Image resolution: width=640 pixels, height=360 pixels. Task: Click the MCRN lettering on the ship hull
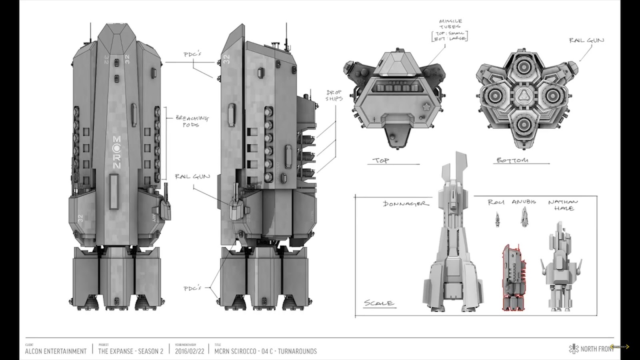tap(117, 152)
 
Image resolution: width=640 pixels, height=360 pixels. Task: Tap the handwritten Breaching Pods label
tap(192, 121)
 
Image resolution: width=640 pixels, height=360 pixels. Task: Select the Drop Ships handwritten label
tap(334, 95)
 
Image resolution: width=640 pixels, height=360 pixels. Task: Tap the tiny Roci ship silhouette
tap(498, 220)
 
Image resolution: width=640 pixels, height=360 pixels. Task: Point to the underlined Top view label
tap(381, 160)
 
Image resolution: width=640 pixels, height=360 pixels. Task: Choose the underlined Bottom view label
tap(512, 160)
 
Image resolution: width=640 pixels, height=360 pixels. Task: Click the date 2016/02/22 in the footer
tap(190, 351)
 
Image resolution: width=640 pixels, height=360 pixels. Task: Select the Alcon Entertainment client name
tap(56, 351)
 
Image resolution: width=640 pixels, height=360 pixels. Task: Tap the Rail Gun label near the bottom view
tap(586, 40)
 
